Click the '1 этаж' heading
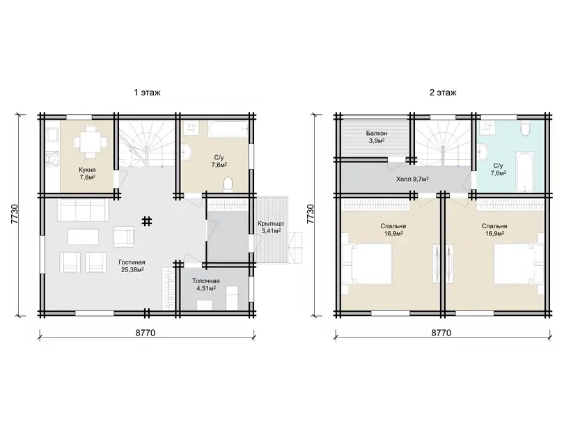(x=147, y=93)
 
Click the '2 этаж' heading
(x=443, y=93)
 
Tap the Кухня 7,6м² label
(x=88, y=173)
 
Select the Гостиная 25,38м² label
(x=132, y=266)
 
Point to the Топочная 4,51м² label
(x=205, y=285)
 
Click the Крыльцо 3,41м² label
(x=271, y=227)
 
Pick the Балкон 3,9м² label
(x=377, y=137)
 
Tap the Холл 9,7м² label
(x=412, y=179)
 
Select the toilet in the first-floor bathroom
(x=228, y=184)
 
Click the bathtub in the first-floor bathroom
(x=228, y=129)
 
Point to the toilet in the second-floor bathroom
(x=525, y=129)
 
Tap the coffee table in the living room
(x=83, y=237)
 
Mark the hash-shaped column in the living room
(x=147, y=221)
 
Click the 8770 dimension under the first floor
(x=146, y=333)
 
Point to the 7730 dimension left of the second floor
(x=311, y=214)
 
